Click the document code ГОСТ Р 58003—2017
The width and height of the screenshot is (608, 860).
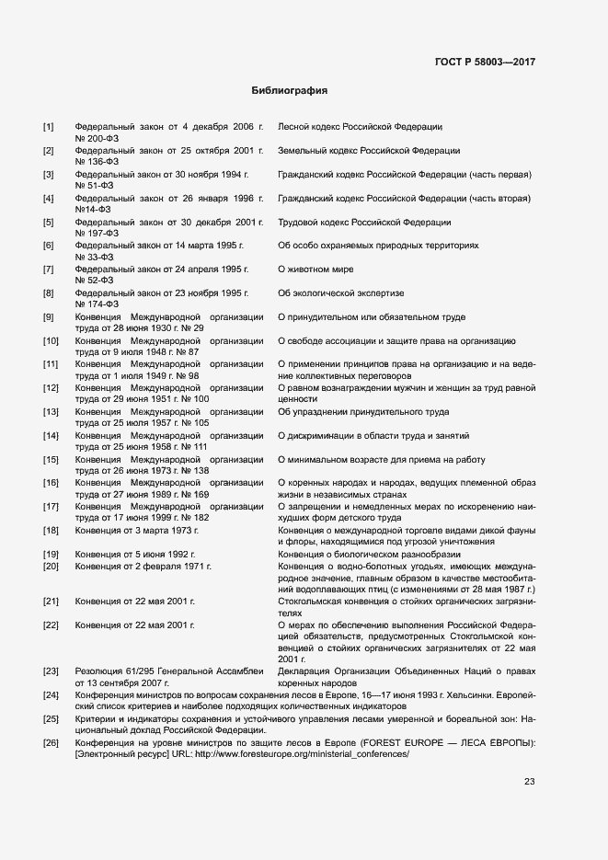click(484, 63)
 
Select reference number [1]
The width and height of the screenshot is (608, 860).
click(49, 126)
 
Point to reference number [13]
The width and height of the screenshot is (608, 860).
click(52, 412)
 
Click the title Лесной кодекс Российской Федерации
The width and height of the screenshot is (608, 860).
click(360, 126)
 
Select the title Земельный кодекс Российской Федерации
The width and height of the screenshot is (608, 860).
click(369, 150)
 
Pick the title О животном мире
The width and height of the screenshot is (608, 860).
click(315, 269)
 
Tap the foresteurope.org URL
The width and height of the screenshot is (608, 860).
click(300, 753)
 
